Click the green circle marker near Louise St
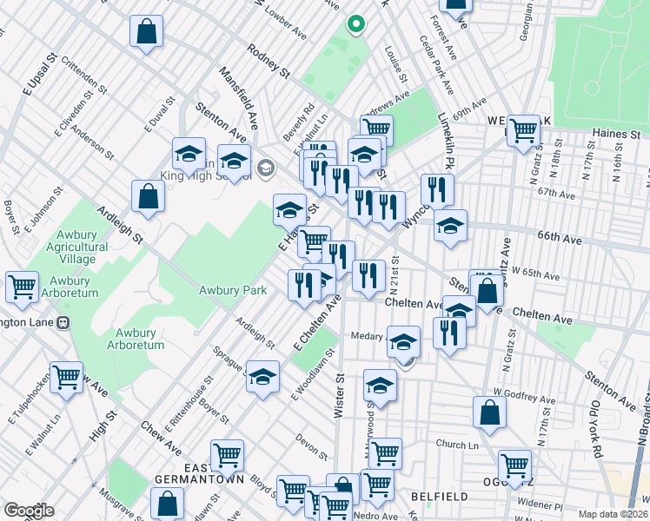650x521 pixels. pyautogui.click(x=355, y=24)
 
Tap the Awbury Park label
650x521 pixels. pyautogui.click(x=232, y=290)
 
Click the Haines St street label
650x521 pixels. pyautogui.click(x=616, y=135)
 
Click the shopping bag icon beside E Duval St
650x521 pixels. pyautogui.click(x=149, y=195)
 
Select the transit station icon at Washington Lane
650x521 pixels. pyautogui.click(x=63, y=322)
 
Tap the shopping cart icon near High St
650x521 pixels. pyautogui.click(x=66, y=378)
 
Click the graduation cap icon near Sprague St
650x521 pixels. pyautogui.click(x=262, y=377)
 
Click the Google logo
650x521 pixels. pyautogui.click(x=29, y=511)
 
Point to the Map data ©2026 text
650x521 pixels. pyautogui.click(x=614, y=513)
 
